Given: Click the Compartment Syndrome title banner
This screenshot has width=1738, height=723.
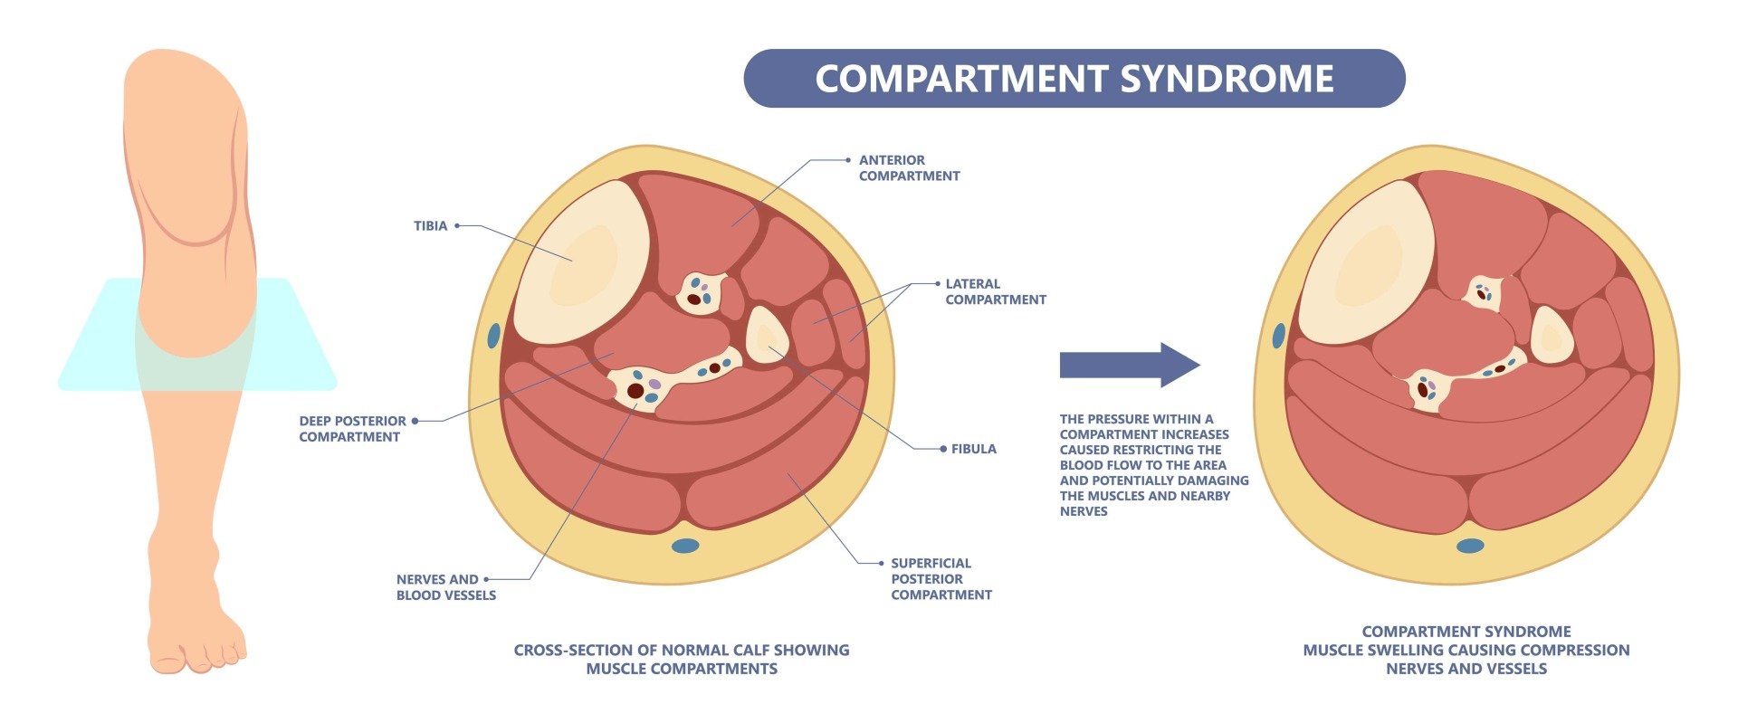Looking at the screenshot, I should [x=1074, y=79].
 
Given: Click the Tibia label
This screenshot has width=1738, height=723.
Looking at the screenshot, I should [x=430, y=225].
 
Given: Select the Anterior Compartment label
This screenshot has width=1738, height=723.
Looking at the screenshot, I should [x=909, y=167].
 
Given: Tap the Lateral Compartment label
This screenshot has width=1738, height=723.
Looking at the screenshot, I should [x=995, y=291].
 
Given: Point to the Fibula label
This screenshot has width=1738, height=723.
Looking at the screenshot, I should [x=973, y=449].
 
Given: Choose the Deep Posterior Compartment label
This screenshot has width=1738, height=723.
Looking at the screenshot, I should [x=352, y=429].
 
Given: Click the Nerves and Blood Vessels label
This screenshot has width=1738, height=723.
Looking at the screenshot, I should [x=445, y=587].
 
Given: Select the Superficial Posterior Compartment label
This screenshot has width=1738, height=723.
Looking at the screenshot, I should [x=941, y=579].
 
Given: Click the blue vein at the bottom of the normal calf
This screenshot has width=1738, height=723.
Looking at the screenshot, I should [x=685, y=546].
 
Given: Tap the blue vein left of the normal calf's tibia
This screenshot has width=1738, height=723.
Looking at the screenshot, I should [x=493, y=336].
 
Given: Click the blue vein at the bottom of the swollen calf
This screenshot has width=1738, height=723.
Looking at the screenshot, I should [x=1470, y=546].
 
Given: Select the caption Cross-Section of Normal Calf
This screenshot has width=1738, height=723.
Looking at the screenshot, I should [x=681, y=659].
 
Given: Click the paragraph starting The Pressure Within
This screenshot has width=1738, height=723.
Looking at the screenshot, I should [x=1152, y=465].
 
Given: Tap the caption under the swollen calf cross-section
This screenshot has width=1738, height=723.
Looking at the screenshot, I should [x=1466, y=650].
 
